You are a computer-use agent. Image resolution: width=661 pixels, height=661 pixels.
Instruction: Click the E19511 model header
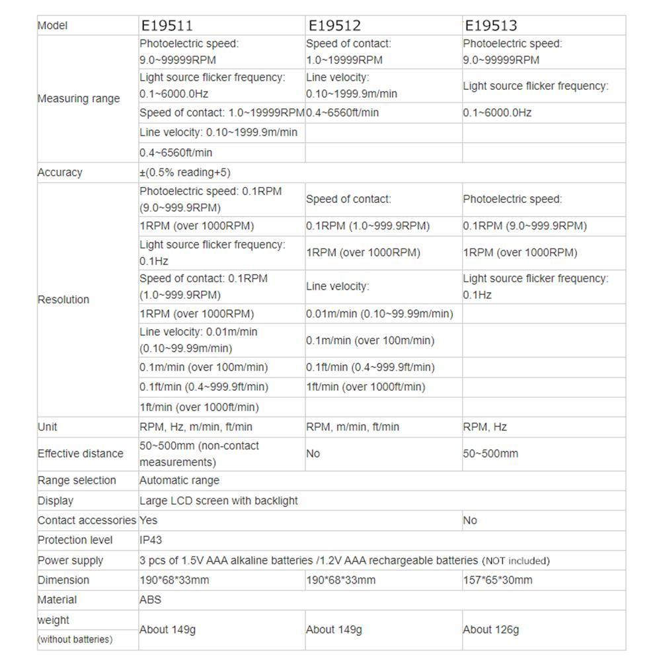tap(166, 26)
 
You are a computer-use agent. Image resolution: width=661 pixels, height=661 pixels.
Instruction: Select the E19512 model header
tap(334, 26)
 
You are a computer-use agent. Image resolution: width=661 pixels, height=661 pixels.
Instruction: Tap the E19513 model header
tap(491, 26)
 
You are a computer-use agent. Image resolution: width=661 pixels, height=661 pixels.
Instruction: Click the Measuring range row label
tap(79, 98)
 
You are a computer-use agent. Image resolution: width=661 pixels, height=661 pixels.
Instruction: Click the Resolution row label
tap(63, 299)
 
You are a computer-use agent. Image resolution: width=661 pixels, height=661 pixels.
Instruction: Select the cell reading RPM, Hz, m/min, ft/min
tap(196, 427)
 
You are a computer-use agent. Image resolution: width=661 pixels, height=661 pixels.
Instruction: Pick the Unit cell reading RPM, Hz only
tap(485, 427)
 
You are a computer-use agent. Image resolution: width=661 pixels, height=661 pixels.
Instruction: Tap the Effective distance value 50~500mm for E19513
tap(490, 453)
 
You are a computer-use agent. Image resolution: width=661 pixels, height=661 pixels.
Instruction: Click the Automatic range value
tap(179, 481)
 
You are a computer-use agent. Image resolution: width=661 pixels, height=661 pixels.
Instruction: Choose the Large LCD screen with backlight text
tap(218, 501)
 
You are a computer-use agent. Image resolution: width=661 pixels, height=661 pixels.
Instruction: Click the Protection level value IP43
tap(151, 540)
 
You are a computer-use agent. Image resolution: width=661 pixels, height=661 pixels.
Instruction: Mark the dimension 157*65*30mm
tap(497, 580)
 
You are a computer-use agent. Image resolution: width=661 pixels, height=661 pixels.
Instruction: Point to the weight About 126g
tap(490, 629)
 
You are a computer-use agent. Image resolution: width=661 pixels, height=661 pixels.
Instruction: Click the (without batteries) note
tap(75, 639)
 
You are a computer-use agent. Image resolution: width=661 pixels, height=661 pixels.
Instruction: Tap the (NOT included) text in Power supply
tap(516, 561)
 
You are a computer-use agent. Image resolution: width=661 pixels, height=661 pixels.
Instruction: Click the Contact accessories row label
tap(87, 521)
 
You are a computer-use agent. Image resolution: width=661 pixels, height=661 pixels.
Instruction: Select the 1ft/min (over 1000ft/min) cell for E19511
tap(199, 407)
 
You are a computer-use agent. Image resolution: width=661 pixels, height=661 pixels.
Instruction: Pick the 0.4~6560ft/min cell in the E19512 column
tap(342, 113)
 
